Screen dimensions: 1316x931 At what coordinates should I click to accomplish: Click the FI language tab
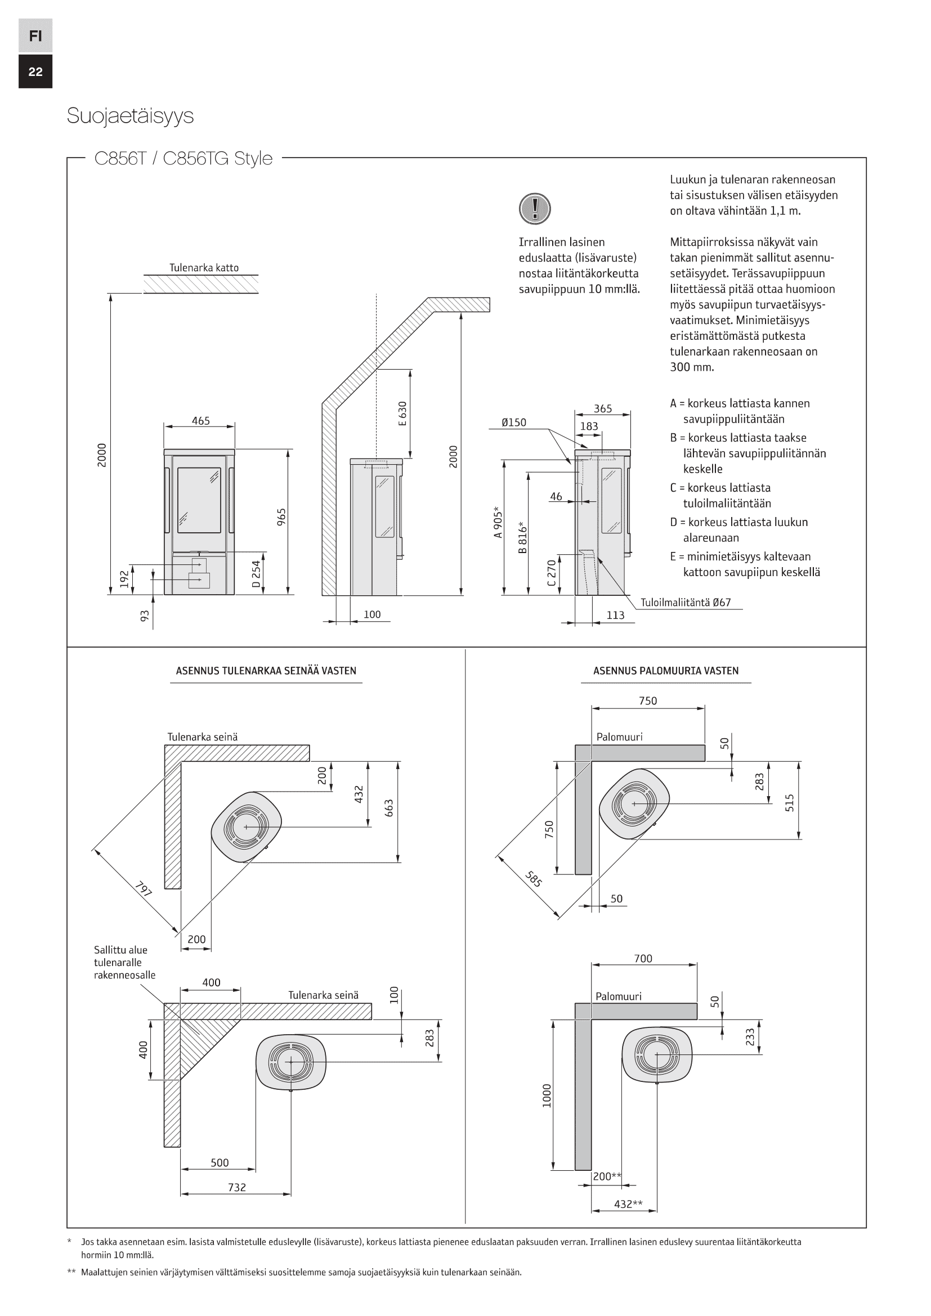point(35,35)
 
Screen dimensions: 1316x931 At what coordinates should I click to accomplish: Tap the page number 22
point(35,71)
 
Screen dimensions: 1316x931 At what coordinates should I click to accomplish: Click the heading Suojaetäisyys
point(130,116)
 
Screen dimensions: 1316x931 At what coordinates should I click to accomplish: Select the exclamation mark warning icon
point(534,208)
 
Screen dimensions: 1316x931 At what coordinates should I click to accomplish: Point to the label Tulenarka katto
point(204,268)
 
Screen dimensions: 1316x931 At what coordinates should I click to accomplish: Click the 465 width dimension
point(200,421)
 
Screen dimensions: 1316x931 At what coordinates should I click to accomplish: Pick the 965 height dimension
point(281,516)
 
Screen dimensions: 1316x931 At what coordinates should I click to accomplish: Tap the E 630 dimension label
point(402,414)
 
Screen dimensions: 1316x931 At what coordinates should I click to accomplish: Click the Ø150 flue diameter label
point(514,423)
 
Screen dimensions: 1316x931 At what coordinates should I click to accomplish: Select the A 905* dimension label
point(498,522)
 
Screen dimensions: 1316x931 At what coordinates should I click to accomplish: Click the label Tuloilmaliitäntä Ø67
point(686,603)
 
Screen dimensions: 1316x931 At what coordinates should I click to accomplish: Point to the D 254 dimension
point(256,574)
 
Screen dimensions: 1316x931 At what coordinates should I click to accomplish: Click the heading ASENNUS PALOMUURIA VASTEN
point(665,671)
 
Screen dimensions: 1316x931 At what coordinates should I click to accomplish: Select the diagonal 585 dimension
point(533,879)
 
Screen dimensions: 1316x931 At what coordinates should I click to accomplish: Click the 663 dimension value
point(390,808)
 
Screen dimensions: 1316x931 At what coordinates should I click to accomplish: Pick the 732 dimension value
point(237,1187)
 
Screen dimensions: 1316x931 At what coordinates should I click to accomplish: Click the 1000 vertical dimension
point(547,1095)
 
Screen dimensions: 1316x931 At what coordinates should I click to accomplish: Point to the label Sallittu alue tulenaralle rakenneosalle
point(124,962)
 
